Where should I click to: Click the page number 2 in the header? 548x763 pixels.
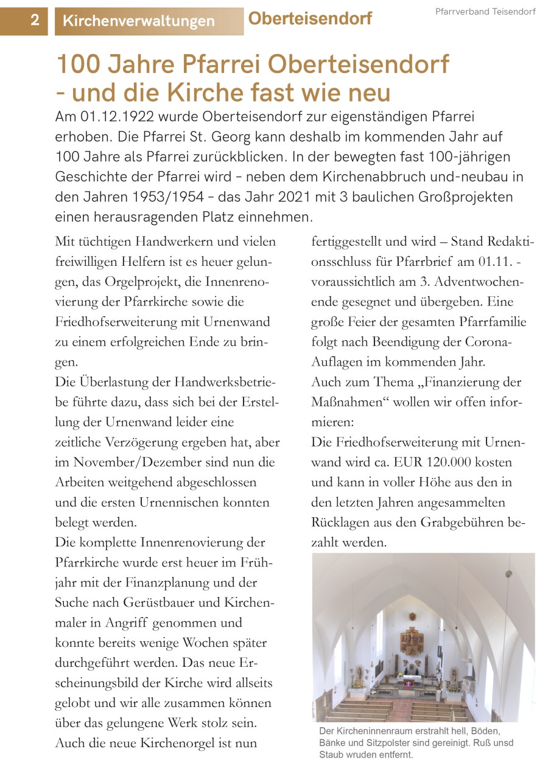(35, 20)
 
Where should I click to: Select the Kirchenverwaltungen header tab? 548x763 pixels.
(139, 21)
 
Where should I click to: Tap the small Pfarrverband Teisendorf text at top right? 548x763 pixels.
(485, 12)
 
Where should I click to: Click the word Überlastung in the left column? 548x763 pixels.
(125, 382)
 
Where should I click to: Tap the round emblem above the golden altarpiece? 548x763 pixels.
(412, 616)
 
